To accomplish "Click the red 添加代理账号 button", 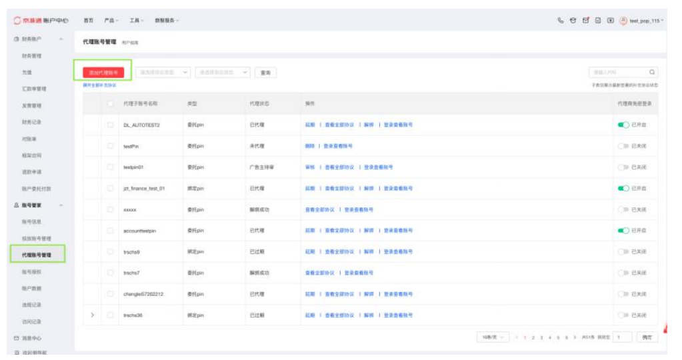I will pyautogui.click(x=103, y=72).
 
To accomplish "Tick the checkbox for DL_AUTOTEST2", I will pyautogui.click(x=111, y=125).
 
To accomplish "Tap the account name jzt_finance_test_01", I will pyautogui.click(x=144, y=188).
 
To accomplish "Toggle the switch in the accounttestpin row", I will pyautogui.click(x=623, y=231).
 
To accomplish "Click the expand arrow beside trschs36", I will pyautogui.click(x=93, y=315).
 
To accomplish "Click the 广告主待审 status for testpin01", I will pyautogui.click(x=262, y=167).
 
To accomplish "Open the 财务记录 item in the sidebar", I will pyautogui.click(x=32, y=122).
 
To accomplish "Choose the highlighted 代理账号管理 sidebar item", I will pyautogui.click(x=37, y=255).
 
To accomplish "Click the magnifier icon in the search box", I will pyautogui.click(x=652, y=72).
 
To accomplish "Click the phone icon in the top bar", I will pyautogui.click(x=561, y=21).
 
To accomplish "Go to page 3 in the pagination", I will pyautogui.click(x=541, y=337).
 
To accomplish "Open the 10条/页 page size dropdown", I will pyautogui.click(x=494, y=337).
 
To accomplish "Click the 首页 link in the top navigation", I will pyautogui.click(x=88, y=21).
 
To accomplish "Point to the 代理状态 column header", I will pyautogui.click(x=259, y=104).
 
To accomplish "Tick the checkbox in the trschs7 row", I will pyautogui.click(x=111, y=273).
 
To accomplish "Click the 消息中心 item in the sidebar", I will pyautogui.click(x=32, y=338).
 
